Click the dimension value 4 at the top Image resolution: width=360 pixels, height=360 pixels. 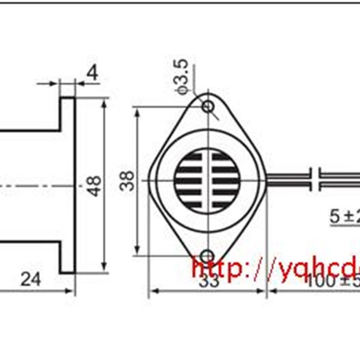point(92,73)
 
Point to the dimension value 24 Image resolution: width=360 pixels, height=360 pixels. point(31,279)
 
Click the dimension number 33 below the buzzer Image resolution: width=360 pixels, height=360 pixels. point(209,282)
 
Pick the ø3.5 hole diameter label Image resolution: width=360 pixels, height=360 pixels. point(184,79)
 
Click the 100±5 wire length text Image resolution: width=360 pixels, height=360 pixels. point(333,282)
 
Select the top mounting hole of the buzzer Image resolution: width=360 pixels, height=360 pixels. point(207,107)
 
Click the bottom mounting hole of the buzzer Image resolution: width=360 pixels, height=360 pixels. point(207,256)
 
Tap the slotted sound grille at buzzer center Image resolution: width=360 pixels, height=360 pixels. point(207,181)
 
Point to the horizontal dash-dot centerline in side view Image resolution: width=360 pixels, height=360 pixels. point(36,185)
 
